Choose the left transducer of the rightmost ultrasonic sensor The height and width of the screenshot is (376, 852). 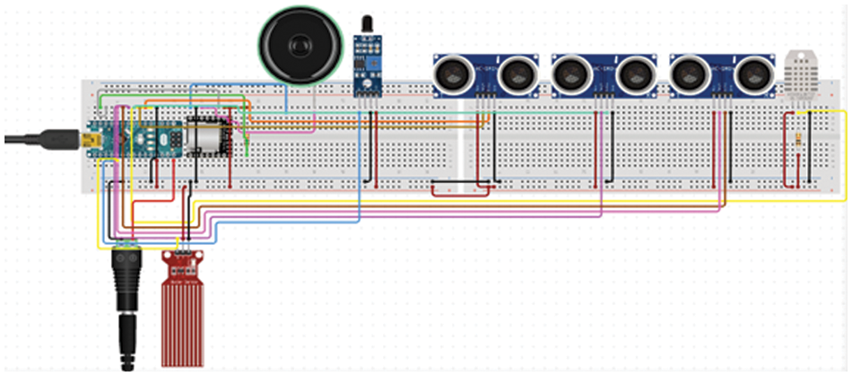tap(689, 74)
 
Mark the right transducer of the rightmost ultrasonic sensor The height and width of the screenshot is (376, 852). tap(752, 74)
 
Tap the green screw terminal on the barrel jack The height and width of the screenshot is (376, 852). tap(126, 246)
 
